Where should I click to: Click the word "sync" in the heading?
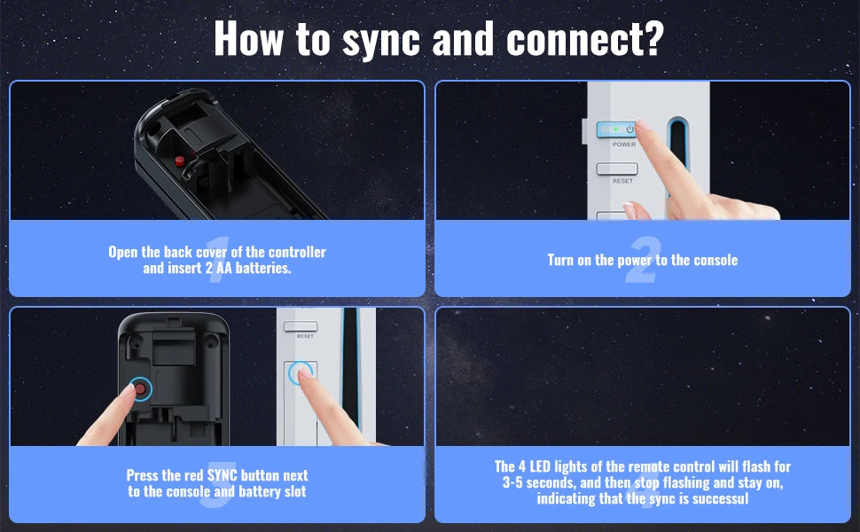pos(380,41)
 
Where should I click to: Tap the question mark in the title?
pos(653,38)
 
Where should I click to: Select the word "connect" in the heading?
pos(573,39)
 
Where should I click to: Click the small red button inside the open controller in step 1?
pos(179,160)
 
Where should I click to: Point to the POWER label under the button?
pos(624,145)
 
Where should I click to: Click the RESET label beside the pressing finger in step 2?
pos(622,181)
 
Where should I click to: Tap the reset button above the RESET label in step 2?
pos(617,169)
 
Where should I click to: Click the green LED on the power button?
pos(615,129)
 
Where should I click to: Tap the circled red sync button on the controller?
pos(140,389)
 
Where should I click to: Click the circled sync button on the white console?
pos(300,373)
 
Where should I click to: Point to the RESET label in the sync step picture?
pos(305,336)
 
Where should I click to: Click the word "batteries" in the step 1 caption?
pos(262,268)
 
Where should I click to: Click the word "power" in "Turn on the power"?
pos(635,261)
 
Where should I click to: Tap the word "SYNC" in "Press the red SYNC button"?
pos(223,475)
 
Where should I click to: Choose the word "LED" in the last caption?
pos(540,466)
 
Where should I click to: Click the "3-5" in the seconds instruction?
pos(512,482)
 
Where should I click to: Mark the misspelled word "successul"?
pos(720,498)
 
